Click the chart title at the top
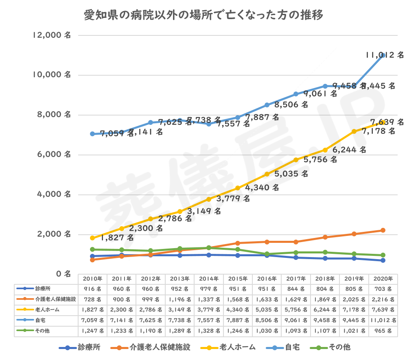[x=203, y=15]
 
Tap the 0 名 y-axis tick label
[x=63, y=274]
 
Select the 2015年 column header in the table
[x=238, y=279]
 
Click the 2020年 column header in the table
[x=383, y=279]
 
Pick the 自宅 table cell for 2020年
[x=383, y=321]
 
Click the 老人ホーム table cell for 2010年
[x=92, y=310]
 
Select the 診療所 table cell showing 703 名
[x=383, y=289]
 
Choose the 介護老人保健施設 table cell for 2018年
[x=325, y=299]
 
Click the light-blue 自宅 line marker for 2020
[x=383, y=55]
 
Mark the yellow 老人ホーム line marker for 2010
[x=92, y=238]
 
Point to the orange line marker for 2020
[x=383, y=230]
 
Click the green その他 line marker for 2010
[x=92, y=249]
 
